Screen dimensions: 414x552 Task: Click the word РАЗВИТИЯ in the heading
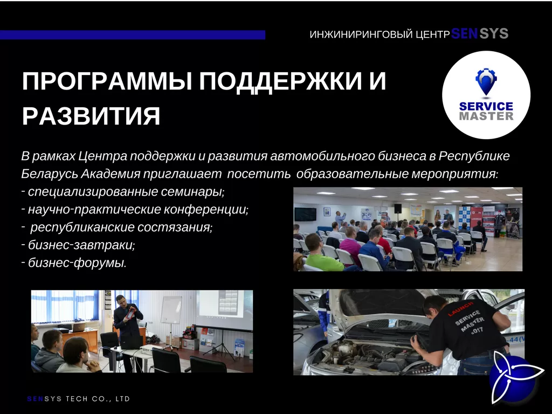click(91, 116)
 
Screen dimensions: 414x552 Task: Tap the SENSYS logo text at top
click(480, 34)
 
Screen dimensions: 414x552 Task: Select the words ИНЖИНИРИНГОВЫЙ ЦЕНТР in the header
click(379, 35)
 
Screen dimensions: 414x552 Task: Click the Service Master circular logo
click(486, 95)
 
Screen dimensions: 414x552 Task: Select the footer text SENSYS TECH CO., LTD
click(79, 399)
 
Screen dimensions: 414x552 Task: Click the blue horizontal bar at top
click(132, 35)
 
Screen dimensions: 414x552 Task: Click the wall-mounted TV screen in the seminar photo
click(305, 213)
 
